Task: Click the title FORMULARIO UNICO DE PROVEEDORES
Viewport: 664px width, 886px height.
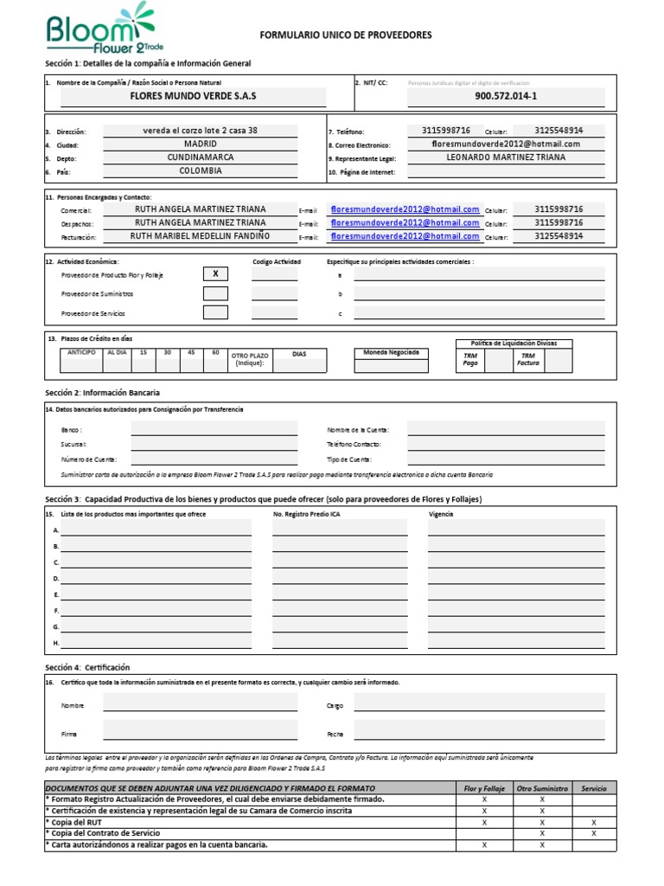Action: point(346,35)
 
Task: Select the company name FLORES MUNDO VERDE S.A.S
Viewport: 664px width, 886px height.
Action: point(193,95)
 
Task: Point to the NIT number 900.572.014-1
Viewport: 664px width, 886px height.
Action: point(506,96)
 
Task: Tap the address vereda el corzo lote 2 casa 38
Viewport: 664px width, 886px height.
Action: point(200,131)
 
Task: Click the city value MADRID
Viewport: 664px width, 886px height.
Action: point(201,144)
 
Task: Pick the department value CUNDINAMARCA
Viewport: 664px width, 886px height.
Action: point(201,157)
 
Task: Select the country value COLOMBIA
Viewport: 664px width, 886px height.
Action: point(201,171)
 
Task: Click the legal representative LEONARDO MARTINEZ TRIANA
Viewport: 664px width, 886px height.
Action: point(506,157)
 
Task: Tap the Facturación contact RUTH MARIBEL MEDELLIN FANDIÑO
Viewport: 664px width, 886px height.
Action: point(200,236)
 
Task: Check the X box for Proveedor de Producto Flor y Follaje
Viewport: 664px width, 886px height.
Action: point(215,274)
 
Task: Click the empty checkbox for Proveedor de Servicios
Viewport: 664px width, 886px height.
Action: point(215,312)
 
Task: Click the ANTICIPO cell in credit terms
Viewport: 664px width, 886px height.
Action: point(80,353)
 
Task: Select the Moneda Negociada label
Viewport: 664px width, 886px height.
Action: point(391,353)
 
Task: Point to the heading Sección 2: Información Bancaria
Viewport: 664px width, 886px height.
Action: point(102,393)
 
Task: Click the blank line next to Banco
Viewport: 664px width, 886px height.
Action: point(214,429)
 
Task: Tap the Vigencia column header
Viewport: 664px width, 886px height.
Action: point(441,514)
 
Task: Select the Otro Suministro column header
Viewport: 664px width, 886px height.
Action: point(542,788)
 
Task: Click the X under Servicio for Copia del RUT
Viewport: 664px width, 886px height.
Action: point(594,822)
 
